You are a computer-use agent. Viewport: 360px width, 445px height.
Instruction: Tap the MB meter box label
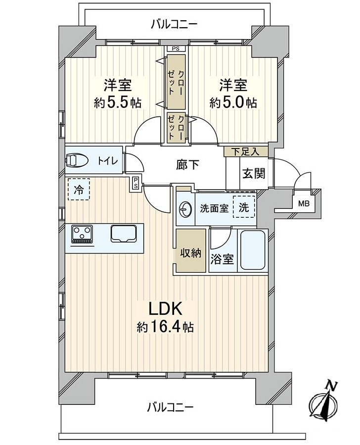pos(302,202)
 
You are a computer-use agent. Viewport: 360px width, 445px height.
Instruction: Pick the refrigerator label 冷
pos(79,189)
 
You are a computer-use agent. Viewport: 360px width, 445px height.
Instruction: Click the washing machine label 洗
pos(244,207)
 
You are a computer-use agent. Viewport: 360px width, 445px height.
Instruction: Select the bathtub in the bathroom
pos(253,250)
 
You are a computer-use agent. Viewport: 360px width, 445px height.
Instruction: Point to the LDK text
pos(167,309)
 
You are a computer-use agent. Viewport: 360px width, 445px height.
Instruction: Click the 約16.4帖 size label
pos(166,327)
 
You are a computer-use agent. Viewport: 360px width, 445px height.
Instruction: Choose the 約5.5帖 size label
pos(118,103)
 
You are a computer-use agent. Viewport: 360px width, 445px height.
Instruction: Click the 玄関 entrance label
pos(253,174)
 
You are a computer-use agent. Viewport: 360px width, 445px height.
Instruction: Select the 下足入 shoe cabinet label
pos(246,151)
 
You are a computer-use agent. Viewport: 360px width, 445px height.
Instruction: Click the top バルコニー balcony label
pos(174,24)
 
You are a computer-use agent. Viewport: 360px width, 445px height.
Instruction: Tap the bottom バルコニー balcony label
pos(170,407)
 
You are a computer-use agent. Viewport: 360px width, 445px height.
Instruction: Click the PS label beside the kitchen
pos(135,183)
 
